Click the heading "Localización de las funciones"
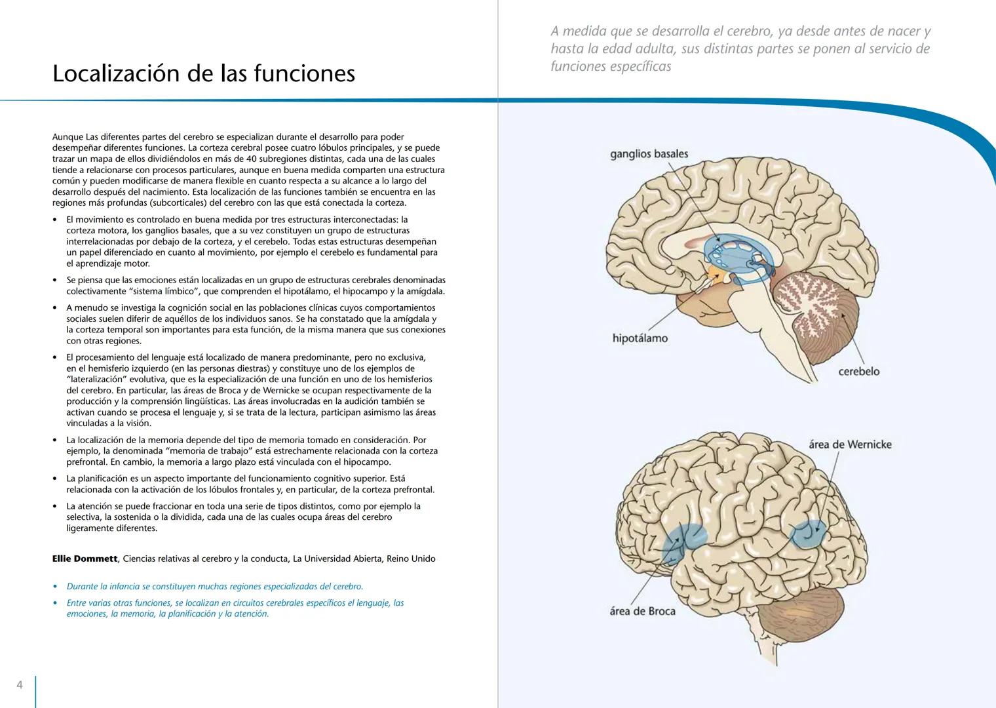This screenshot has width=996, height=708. point(203,73)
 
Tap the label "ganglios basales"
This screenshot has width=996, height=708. point(649,154)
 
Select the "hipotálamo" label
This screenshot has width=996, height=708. point(640,338)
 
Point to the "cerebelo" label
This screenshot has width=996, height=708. point(858,372)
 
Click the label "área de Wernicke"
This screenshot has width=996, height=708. point(850,444)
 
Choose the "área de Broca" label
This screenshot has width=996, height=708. point(642,611)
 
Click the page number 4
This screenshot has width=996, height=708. point(20,685)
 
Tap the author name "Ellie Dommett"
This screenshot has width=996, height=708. point(85,559)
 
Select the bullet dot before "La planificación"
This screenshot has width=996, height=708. point(55,479)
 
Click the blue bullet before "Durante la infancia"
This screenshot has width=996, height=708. point(55,587)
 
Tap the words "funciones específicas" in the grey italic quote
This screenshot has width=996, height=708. point(611,66)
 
